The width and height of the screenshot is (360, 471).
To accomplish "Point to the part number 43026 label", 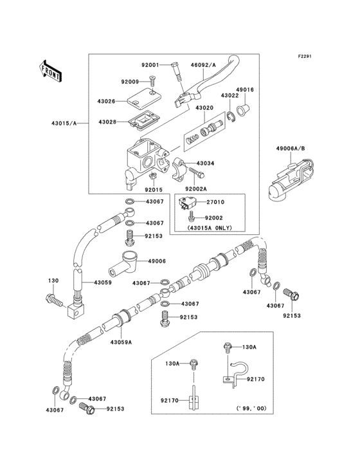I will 107,101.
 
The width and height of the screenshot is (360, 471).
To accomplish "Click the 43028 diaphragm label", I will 107,122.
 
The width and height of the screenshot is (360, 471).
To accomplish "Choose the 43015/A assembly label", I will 63,123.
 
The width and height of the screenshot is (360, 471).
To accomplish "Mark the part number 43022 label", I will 230,95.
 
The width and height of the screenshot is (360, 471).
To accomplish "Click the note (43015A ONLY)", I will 210,228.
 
